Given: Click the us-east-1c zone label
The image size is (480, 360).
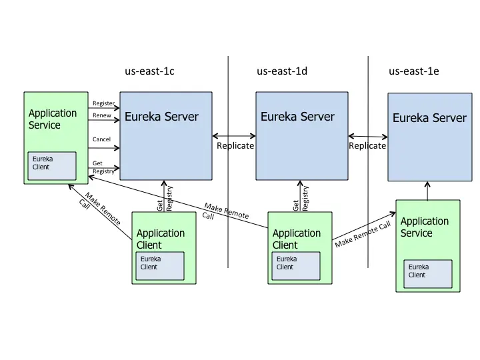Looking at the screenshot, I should [x=149, y=71].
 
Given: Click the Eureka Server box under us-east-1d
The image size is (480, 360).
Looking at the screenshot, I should [x=301, y=136].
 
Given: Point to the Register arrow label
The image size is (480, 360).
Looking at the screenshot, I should [x=103, y=103].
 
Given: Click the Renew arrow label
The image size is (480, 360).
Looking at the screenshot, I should [x=102, y=115].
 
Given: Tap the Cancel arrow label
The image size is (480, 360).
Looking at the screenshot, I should [x=101, y=139].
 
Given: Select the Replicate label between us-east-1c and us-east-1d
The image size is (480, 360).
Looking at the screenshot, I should [x=235, y=145].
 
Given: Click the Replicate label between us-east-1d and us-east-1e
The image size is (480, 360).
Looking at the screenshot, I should [x=367, y=145].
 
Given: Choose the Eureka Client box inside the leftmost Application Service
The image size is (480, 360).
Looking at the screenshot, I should [x=52, y=166].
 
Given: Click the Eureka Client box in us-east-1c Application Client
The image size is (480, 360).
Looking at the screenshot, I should [x=160, y=266].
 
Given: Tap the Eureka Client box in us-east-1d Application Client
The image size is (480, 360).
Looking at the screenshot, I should [x=295, y=266].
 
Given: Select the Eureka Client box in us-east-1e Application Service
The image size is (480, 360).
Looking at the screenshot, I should [x=427, y=274].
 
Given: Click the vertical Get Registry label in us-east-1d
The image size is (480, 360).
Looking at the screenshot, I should [x=301, y=198].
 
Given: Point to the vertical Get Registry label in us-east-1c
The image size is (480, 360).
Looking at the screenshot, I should [x=165, y=198].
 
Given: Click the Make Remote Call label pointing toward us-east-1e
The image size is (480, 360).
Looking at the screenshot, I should [x=362, y=234].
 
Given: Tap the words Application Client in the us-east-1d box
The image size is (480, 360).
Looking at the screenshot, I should [x=297, y=239].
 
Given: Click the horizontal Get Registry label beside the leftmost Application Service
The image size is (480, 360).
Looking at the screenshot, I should [x=103, y=167].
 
